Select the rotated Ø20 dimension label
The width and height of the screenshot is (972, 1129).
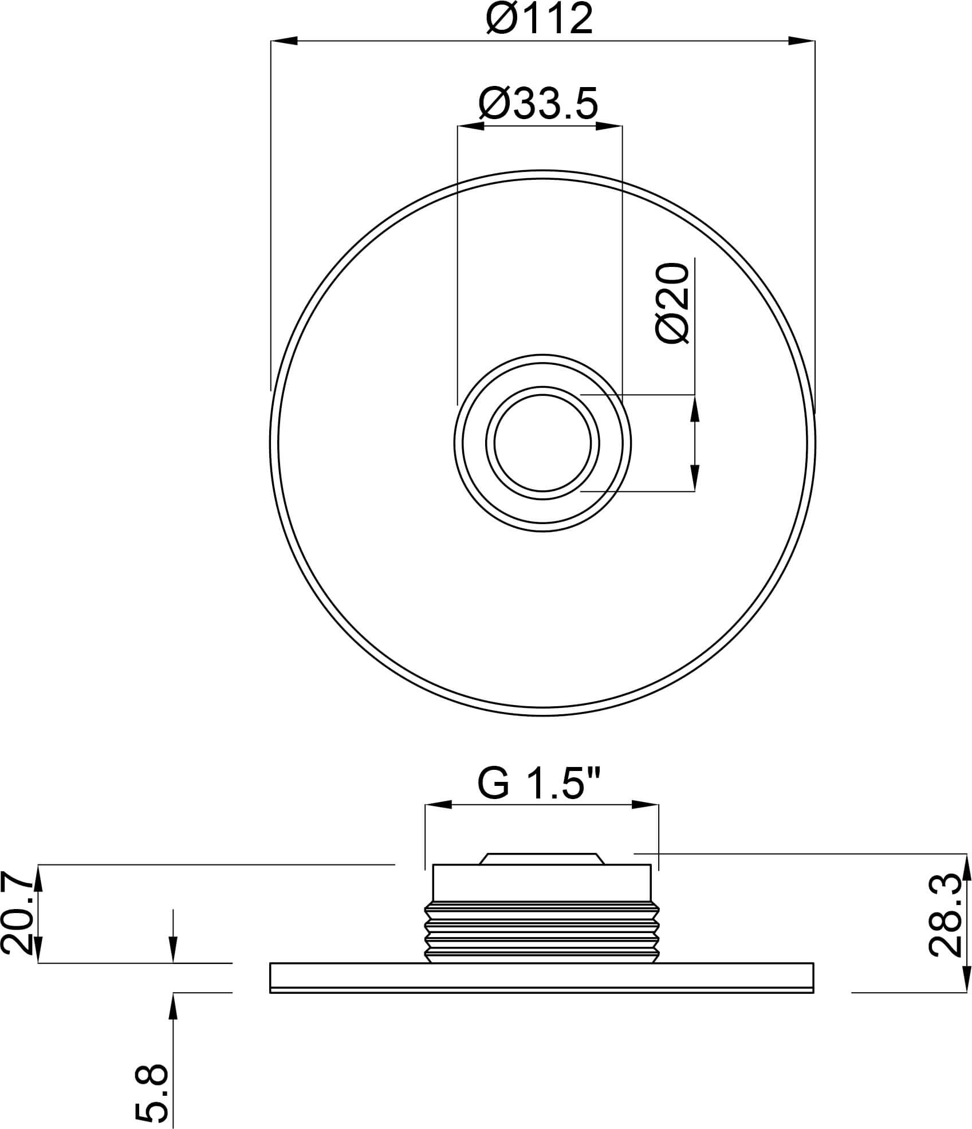click(x=672, y=304)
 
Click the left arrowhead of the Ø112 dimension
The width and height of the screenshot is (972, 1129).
click(x=283, y=41)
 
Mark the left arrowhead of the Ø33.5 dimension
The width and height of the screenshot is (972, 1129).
click(x=470, y=126)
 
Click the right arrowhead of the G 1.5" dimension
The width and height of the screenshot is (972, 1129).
click(x=646, y=805)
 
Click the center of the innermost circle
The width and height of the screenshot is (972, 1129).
click(x=542, y=443)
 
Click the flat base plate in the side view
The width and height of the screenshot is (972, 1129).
click(x=541, y=977)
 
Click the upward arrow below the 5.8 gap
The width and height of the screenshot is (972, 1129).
click(x=174, y=1006)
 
